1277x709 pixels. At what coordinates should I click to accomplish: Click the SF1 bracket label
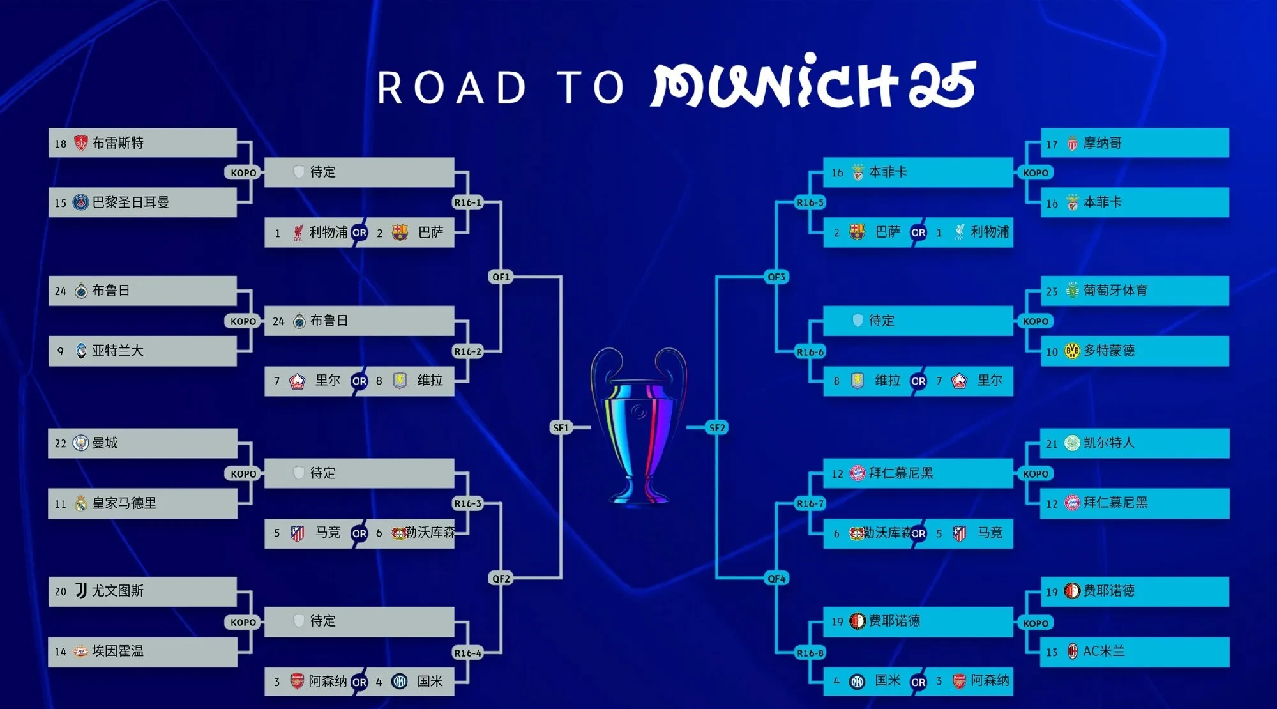point(561,427)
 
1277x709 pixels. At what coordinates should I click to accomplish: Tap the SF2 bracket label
point(717,427)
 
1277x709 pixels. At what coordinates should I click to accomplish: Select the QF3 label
point(776,277)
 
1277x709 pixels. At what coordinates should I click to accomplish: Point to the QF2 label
point(501,578)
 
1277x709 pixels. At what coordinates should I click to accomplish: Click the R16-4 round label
point(467,652)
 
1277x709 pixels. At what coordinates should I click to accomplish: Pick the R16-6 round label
point(810,351)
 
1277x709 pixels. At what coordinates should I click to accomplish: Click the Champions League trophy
point(638,425)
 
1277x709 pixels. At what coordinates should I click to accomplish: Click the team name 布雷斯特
point(117,142)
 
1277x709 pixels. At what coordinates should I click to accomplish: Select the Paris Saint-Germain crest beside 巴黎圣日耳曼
point(80,202)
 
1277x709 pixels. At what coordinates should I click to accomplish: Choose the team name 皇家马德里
point(124,503)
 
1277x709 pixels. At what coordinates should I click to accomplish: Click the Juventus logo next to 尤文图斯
point(81,590)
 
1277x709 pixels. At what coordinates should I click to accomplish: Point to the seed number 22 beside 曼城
point(60,443)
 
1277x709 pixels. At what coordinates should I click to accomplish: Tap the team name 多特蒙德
point(1109,350)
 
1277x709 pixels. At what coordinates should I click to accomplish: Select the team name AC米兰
point(1104,651)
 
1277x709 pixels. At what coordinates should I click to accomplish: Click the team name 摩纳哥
point(1102,143)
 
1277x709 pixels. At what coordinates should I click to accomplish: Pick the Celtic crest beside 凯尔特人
point(1072,443)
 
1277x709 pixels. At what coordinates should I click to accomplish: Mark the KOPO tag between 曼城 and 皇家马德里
point(243,473)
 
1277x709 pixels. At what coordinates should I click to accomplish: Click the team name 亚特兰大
point(117,350)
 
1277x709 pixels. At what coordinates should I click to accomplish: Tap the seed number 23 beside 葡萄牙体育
point(1052,291)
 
